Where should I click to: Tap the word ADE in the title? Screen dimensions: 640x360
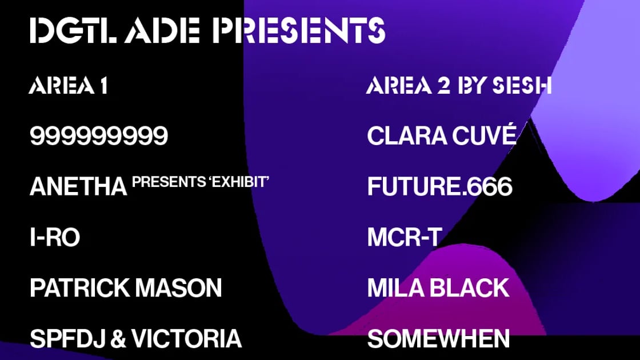pyautogui.click(x=163, y=30)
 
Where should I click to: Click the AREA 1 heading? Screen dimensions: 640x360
pyautogui.click(x=69, y=85)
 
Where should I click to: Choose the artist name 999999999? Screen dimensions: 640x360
pyautogui.click(x=99, y=135)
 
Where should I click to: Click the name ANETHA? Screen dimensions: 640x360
pyautogui.click(x=78, y=186)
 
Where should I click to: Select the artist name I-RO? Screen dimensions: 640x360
pyautogui.click(x=55, y=237)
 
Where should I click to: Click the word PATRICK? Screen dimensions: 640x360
pyautogui.click(x=80, y=288)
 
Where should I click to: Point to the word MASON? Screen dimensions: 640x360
pyautogui.click(x=179, y=288)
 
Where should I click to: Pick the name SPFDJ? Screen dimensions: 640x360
pyautogui.click(x=68, y=339)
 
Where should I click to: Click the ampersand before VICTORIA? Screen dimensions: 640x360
pyautogui.click(x=118, y=339)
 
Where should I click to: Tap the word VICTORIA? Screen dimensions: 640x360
pyautogui.click(x=186, y=339)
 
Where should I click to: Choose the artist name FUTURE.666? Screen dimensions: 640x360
pyautogui.click(x=439, y=186)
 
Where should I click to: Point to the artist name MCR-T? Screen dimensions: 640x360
pyautogui.click(x=405, y=237)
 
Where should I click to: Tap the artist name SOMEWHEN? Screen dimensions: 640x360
pyautogui.click(x=438, y=339)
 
